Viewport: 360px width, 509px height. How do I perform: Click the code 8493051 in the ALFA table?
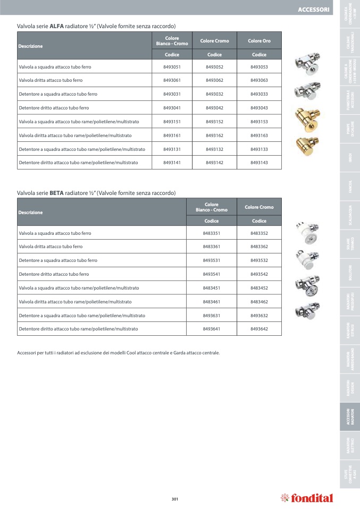pos(172,67)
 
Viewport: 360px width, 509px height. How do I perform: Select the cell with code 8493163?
pos(259,135)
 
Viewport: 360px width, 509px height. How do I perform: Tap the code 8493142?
pos(214,163)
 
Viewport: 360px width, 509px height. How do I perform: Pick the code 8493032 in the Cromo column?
pos(214,94)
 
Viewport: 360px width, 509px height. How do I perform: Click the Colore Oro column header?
pos(259,41)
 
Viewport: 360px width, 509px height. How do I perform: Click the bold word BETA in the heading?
pos(56,193)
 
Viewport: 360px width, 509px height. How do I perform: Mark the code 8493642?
pos(259,329)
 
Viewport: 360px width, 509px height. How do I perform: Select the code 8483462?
pos(259,302)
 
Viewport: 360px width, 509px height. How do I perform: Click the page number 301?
pos(175,498)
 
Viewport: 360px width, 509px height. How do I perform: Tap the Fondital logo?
pos(307,498)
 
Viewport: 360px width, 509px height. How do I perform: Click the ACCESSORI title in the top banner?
pos(313,10)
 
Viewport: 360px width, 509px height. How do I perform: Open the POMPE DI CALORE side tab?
pos(349,131)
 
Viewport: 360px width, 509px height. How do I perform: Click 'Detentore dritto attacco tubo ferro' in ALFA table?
pos(54,108)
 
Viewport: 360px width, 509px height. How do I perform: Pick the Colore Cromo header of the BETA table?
pos(259,207)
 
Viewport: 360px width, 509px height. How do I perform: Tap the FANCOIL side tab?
pos(349,186)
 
